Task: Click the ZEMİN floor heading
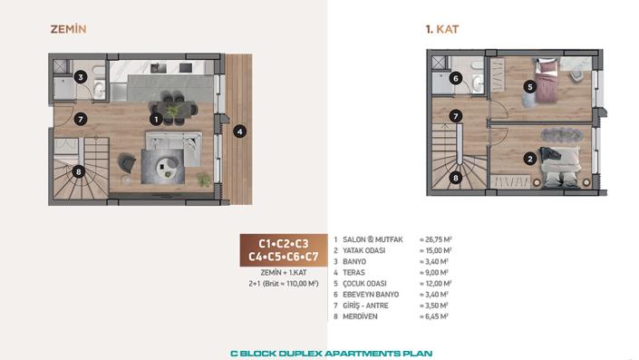[x=69, y=29]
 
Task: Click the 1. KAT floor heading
[x=442, y=29]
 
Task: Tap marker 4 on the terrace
[x=239, y=131]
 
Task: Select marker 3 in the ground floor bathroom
[x=81, y=77]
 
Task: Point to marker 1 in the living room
[x=156, y=120]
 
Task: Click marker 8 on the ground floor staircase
[x=79, y=171]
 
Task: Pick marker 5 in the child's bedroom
[x=530, y=86]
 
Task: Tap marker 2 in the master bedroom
[x=530, y=159]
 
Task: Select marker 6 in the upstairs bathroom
[x=456, y=78]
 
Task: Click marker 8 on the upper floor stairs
[x=456, y=178]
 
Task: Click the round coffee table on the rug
[x=167, y=165]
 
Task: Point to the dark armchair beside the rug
[x=127, y=162]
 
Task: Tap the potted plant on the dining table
[x=173, y=111]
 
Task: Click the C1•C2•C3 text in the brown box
[x=284, y=244]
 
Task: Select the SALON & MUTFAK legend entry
[x=373, y=239]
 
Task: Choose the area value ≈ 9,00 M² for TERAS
[x=434, y=273]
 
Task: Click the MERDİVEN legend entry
[x=360, y=316]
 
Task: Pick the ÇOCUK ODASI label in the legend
[x=364, y=284]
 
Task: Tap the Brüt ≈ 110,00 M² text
[x=290, y=284]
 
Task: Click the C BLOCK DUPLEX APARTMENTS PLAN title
[x=332, y=354]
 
